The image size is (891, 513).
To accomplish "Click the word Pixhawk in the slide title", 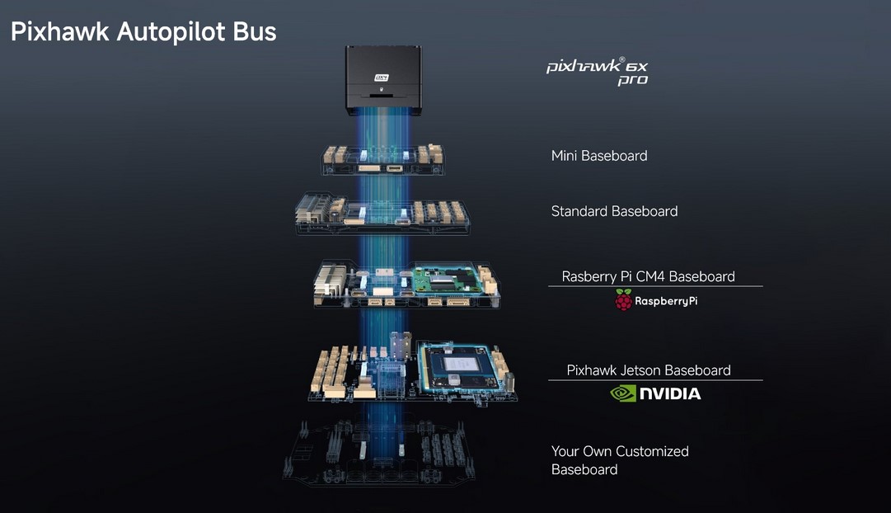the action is coord(59,31).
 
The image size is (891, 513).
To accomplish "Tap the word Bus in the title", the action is coord(255,31).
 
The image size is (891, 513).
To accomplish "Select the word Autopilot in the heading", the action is coord(171,32).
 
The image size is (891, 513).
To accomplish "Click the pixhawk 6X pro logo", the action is coord(598,72).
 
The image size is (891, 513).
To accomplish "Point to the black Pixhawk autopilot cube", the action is coord(383,80).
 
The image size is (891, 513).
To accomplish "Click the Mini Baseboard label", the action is coord(599,155).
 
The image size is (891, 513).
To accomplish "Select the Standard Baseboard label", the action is coord(614,211).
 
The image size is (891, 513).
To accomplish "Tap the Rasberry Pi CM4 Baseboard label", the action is coord(649,276).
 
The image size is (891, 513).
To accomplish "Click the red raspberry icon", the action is coord(623,299).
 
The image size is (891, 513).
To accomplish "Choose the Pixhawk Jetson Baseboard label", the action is coord(649,370).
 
